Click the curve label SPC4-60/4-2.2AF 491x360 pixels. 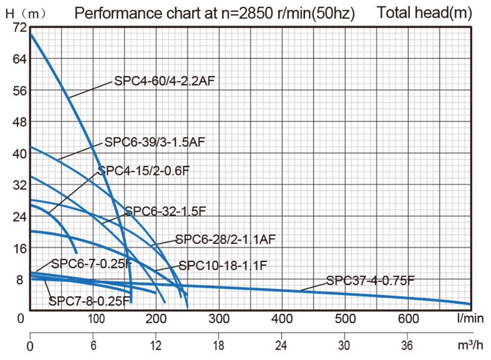pos(164,81)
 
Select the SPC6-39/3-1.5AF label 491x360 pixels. pos(155,142)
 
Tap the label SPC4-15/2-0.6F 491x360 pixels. pos(143,171)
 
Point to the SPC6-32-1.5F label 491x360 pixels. pos(165,211)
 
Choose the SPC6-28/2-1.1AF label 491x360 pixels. pos(226,240)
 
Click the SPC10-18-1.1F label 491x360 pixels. pos(223,266)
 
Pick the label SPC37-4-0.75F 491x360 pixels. pos(371,281)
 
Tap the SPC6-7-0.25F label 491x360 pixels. pos(91,263)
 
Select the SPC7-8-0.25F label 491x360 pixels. pos(89,300)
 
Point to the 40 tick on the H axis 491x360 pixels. pos(20,153)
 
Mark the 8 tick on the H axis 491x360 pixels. pos(20,279)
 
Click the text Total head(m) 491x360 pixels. pos(424,13)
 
